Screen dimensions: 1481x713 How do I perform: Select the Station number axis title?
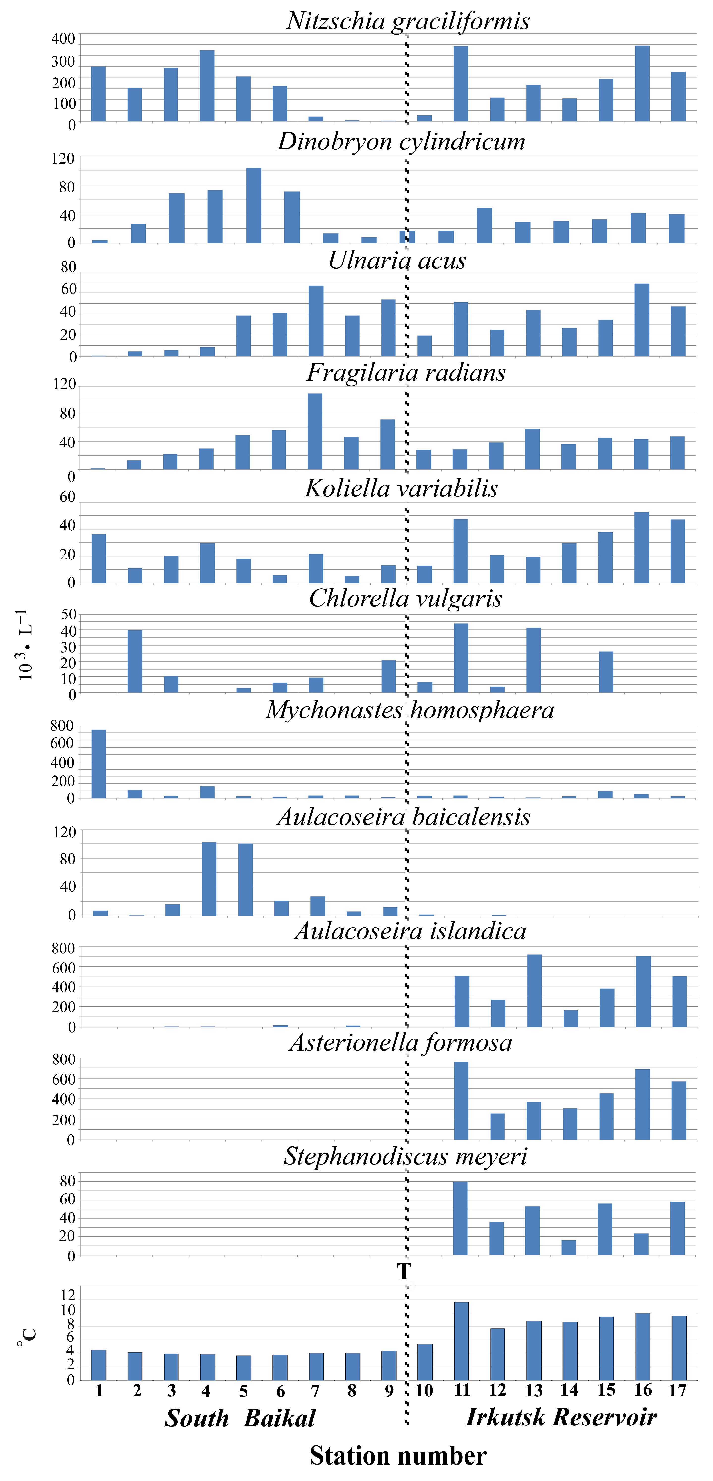[x=398, y=1456]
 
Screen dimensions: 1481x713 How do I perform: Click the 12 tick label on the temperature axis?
[x=68, y=1295]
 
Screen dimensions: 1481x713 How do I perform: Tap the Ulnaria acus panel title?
[x=397, y=260]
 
